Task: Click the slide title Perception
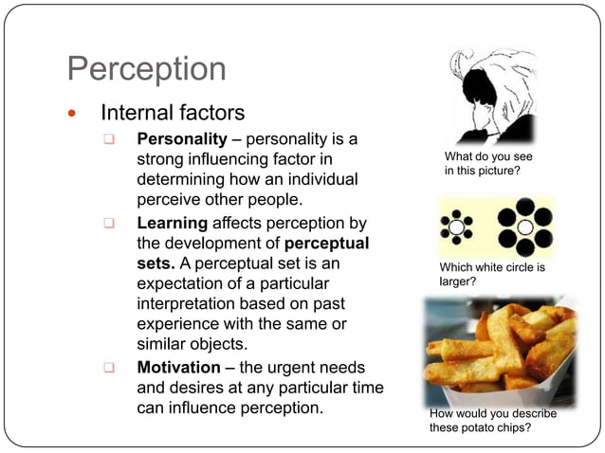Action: [147, 69]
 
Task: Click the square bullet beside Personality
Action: [110, 141]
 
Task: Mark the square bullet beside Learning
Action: [110, 224]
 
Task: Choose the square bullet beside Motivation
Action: [110, 367]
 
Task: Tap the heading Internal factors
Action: [173, 114]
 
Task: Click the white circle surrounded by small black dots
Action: [457, 228]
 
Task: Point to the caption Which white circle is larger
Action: [492, 274]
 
